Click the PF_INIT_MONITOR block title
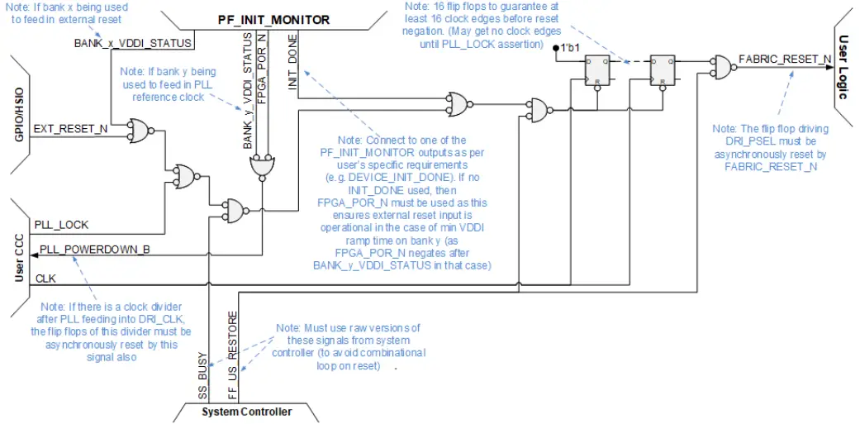tap(273, 19)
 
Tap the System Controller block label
tap(247, 412)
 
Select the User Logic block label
tap(843, 67)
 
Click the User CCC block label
tap(19, 257)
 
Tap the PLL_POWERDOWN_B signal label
tap(95, 249)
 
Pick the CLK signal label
tap(45, 279)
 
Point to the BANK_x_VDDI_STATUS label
tap(144, 43)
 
